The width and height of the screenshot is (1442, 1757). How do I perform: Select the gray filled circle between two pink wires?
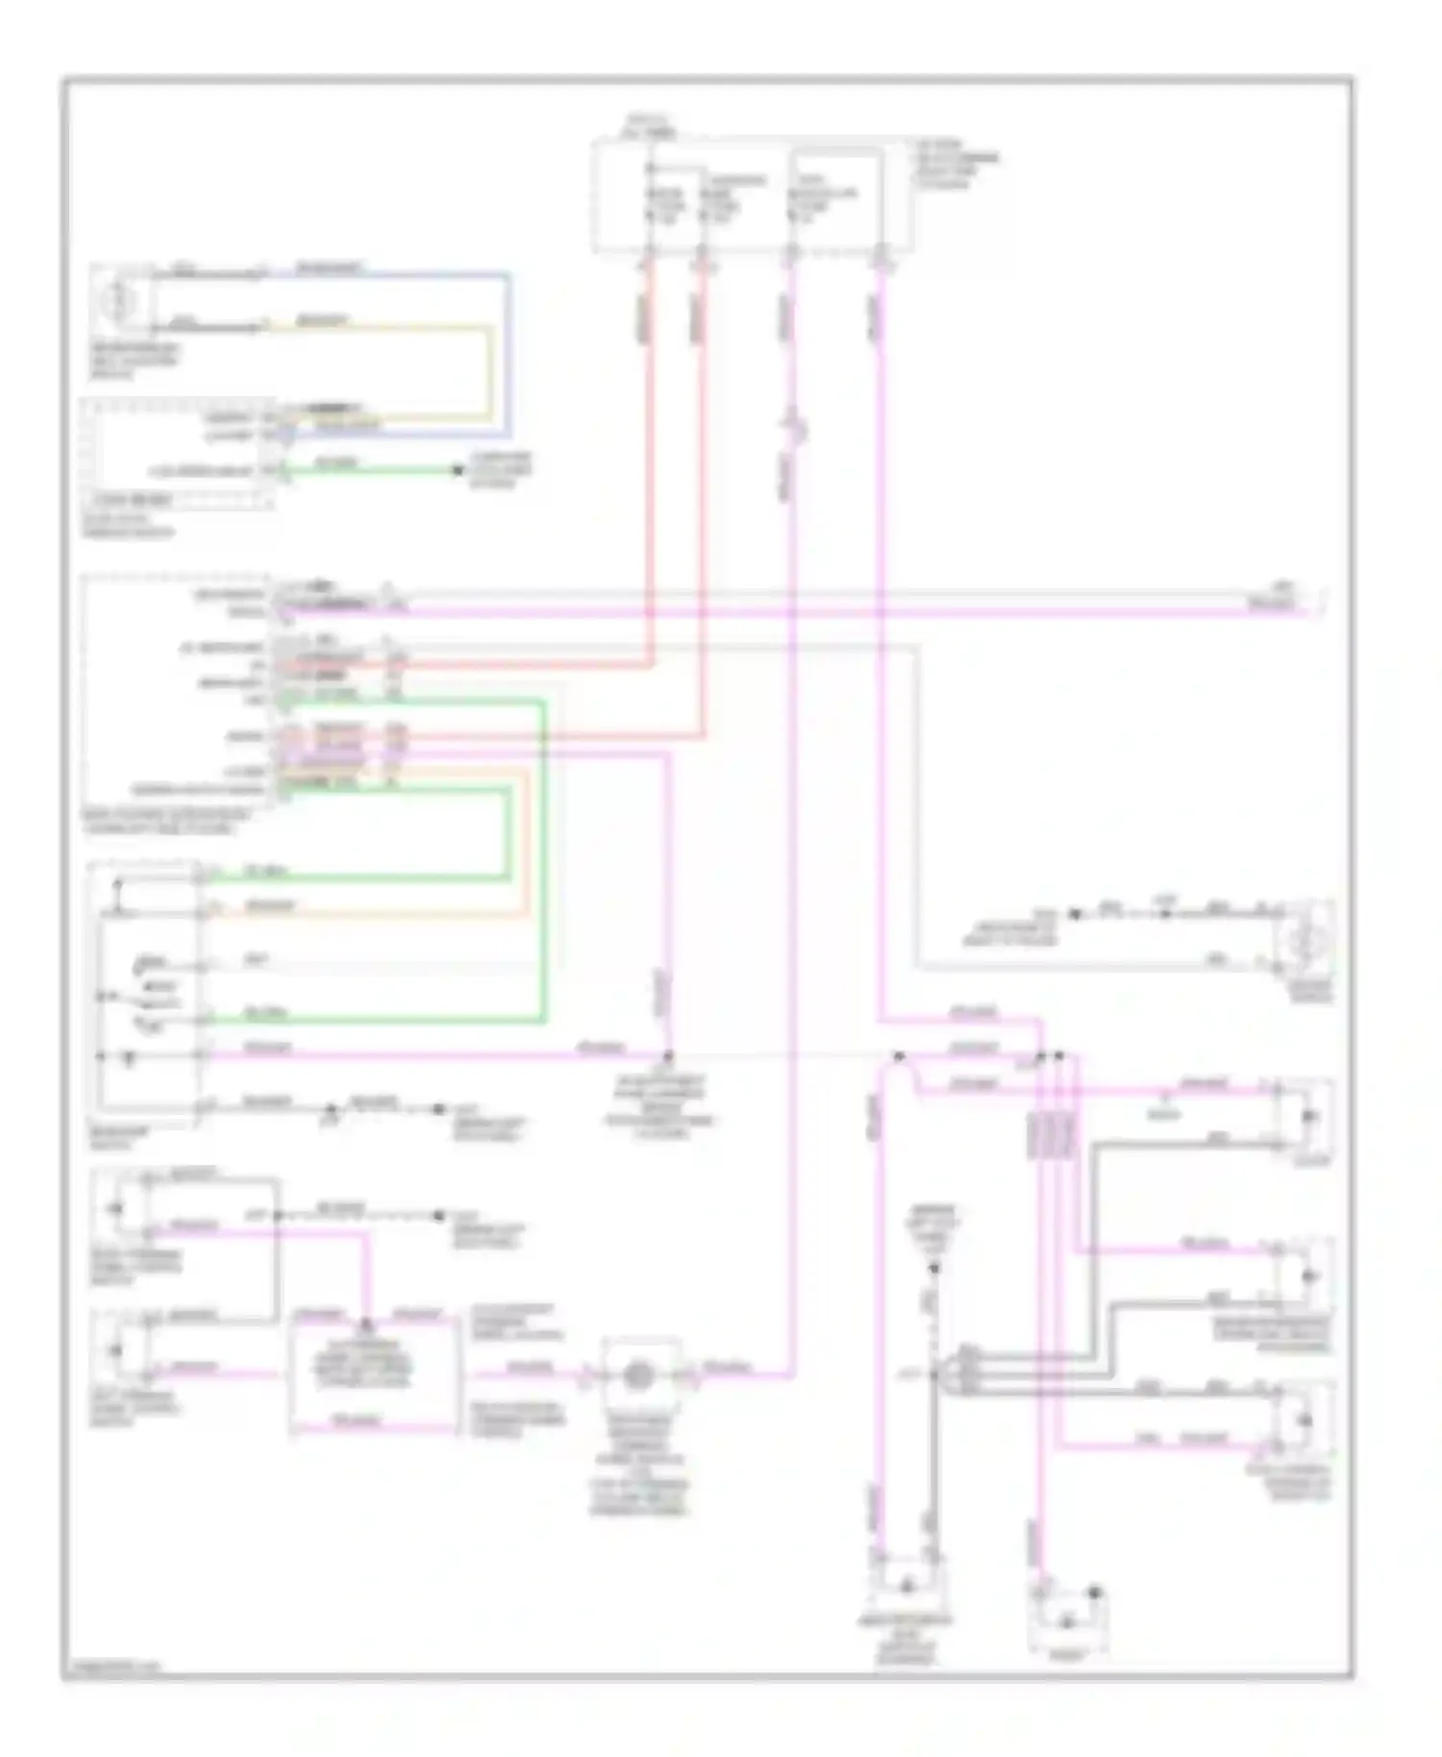(635, 1375)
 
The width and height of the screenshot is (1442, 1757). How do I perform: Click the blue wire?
(509, 356)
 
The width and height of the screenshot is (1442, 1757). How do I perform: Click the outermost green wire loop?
(544, 865)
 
